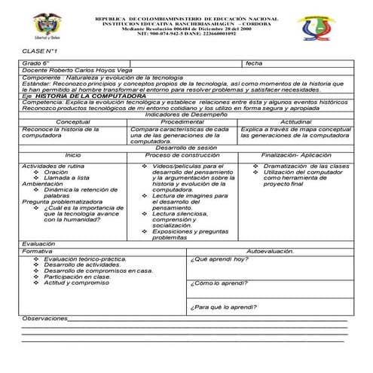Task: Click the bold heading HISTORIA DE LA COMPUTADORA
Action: pyautogui.click(x=90, y=96)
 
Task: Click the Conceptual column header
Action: pyautogui.click(x=73, y=121)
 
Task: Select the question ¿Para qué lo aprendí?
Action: pyautogui.click(x=225, y=307)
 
